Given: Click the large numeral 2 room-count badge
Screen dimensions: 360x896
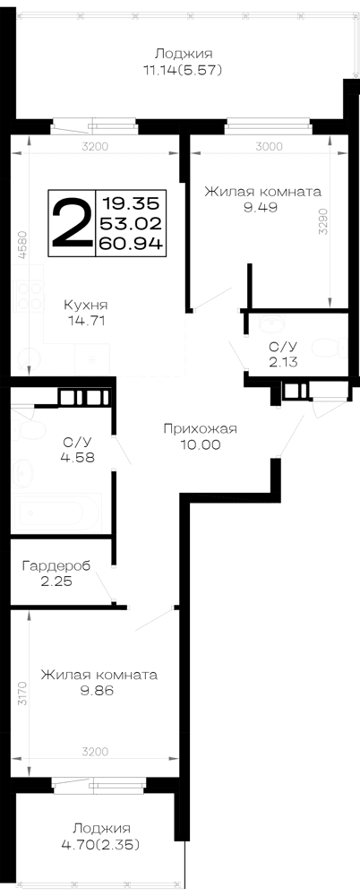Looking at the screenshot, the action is point(72,223).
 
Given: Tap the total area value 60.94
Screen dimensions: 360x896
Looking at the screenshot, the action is point(132,243).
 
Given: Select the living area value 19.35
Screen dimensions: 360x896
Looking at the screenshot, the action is point(132,202).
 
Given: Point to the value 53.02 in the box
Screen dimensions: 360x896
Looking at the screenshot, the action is point(132,223).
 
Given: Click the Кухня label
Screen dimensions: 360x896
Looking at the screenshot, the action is point(85,305).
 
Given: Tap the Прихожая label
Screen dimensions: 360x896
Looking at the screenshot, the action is point(200,428).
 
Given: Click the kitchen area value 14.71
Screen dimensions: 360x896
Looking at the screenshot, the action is point(86,321).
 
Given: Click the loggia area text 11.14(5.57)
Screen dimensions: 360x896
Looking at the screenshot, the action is point(183,70).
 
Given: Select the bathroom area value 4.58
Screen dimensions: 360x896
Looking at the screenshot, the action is point(77,457).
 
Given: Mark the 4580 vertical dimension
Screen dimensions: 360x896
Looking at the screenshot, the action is point(22,245).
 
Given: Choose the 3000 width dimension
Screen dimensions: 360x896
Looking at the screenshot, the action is point(269,146).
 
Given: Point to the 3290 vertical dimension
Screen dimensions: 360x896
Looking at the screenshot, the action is point(324,221).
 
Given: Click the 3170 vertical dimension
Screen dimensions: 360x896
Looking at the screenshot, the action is point(22,694).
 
